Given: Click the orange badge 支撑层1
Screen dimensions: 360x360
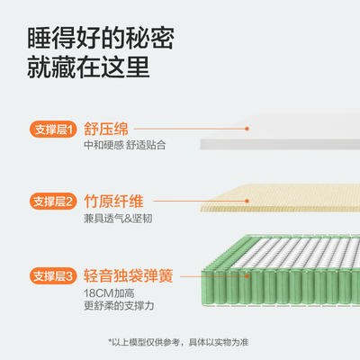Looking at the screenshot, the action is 53,129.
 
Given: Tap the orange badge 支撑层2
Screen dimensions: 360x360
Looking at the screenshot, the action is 53,202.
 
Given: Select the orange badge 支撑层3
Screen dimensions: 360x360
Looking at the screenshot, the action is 53,275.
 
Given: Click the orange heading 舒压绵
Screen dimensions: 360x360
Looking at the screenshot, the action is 106,129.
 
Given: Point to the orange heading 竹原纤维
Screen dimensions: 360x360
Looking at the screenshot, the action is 113,202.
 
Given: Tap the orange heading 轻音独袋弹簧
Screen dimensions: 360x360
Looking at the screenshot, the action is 129,275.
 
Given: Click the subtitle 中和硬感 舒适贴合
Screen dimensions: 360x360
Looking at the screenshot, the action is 125,145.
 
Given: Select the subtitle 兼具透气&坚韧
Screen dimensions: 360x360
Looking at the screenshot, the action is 118,219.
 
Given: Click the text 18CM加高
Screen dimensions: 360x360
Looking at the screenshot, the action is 109,293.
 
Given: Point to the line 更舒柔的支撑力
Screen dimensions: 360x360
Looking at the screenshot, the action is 119,306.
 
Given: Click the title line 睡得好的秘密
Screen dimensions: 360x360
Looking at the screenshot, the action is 101,38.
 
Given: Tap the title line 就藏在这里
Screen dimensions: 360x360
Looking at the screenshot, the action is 88,67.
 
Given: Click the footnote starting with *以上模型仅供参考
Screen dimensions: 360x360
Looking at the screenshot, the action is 178,342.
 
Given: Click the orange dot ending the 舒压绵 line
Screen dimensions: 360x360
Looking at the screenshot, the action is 247,129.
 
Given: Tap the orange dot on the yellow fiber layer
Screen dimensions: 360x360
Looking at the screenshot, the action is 247,201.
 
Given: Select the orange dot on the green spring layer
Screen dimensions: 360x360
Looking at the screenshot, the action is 247,275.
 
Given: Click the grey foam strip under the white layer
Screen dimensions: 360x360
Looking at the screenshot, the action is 280,144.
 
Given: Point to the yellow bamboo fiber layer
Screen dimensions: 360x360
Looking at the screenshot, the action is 280,198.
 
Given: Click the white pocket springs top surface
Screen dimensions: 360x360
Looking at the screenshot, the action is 295,253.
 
